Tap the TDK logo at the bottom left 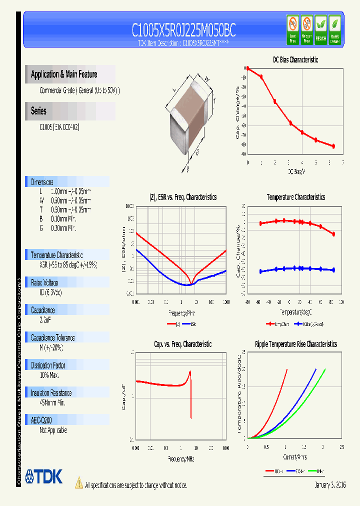click(44, 476)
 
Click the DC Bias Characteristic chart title click(295, 59)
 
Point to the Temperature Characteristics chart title click(295, 197)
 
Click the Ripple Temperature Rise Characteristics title click(295, 344)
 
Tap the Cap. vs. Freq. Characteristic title click(182, 344)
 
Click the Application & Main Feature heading click(64, 74)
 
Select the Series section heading click(38, 111)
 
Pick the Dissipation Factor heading click(48, 365)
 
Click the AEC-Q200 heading click(41, 420)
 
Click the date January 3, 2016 click(330, 485)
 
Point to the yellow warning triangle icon click(79, 483)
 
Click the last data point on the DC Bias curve click(333, 146)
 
